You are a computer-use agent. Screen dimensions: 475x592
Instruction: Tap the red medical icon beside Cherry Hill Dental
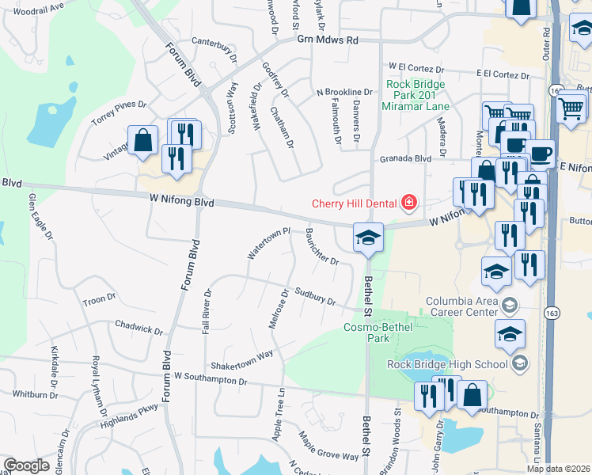[408, 204]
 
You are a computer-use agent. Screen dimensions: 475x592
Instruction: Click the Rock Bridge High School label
[446, 364]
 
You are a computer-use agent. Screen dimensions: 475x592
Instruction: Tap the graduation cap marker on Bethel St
[368, 237]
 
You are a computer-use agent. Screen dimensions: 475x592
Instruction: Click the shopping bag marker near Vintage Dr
[142, 142]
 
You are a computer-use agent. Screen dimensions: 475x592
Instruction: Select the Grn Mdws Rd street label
[328, 40]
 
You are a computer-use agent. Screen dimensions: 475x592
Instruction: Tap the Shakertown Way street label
[241, 359]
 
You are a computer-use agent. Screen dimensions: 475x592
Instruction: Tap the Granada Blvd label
[405, 158]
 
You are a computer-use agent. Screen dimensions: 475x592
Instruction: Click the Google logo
[26, 465]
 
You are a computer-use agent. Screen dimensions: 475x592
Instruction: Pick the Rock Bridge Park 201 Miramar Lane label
[416, 95]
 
